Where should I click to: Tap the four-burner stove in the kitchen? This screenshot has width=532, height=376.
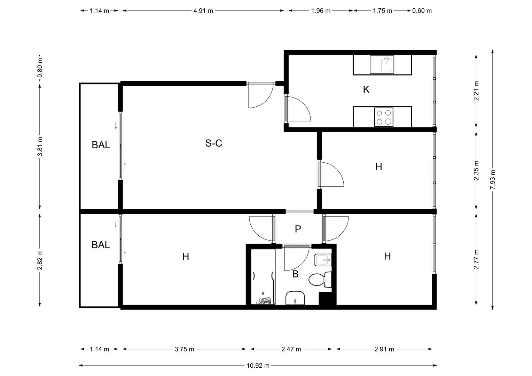(384, 117)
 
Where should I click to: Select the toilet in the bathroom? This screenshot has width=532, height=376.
(320, 280)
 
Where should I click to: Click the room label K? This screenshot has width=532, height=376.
(366, 89)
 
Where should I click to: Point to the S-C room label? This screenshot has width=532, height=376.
(213, 143)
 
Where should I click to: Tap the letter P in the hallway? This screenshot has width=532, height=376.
(298, 229)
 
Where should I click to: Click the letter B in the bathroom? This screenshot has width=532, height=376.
(295, 274)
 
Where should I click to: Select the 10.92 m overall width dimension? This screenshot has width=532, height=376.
(258, 366)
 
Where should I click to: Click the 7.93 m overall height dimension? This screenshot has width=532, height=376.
(493, 180)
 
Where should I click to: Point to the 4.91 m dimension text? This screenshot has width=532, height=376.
(203, 11)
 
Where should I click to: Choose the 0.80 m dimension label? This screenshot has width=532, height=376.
(40, 68)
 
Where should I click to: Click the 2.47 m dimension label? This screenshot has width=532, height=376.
(291, 349)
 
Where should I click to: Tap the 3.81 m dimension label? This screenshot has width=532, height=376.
(40, 146)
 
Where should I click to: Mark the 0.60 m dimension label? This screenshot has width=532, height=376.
(422, 11)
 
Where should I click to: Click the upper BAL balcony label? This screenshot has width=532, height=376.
(101, 145)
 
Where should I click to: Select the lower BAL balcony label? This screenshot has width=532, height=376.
(101, 245)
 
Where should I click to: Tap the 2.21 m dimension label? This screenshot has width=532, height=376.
(476, 91)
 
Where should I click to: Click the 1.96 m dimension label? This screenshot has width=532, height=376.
(321, 11)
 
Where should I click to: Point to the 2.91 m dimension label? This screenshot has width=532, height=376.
(384, 349)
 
